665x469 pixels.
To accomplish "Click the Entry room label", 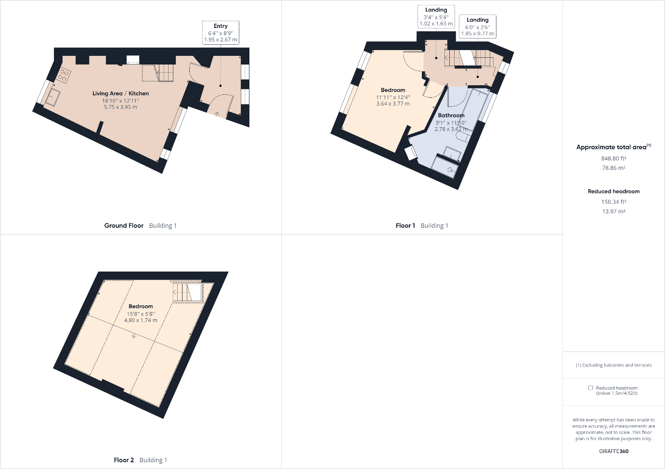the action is pos(221,26).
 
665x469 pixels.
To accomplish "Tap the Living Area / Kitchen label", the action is pos(120,93).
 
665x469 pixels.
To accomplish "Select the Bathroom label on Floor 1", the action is pos(451,115).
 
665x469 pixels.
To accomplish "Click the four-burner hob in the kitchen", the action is pos(65,75).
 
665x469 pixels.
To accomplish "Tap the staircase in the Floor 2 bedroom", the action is pos(188,292).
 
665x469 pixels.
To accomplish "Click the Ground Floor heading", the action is pos(124,226).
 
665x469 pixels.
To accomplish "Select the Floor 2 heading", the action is pos(124,460).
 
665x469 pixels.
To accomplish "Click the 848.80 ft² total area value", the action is pos(613,158).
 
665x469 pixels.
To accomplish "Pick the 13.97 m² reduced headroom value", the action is pos(613,211).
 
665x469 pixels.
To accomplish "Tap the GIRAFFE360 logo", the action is pos(613,451).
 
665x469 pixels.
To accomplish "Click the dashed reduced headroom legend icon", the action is pos(590,388).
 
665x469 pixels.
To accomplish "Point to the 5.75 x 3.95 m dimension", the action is pos(120,107).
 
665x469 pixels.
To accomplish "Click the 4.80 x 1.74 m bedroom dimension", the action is pos(141,320).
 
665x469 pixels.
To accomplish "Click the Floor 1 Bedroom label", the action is pos(393,90).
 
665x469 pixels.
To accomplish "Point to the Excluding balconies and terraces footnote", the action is pos(613,365).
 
